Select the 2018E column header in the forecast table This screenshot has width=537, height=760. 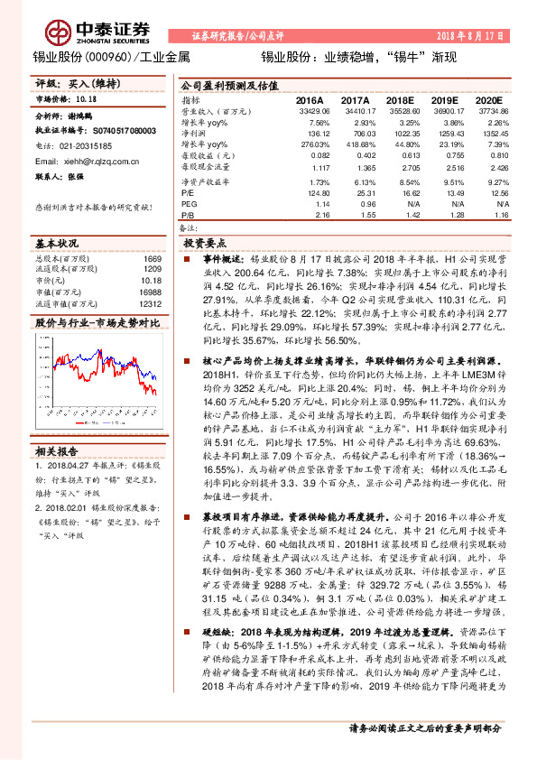click(x=398, y=100)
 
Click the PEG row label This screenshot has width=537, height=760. click(x=189, y=204)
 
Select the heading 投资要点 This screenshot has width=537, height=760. click(x=205, y=244)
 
